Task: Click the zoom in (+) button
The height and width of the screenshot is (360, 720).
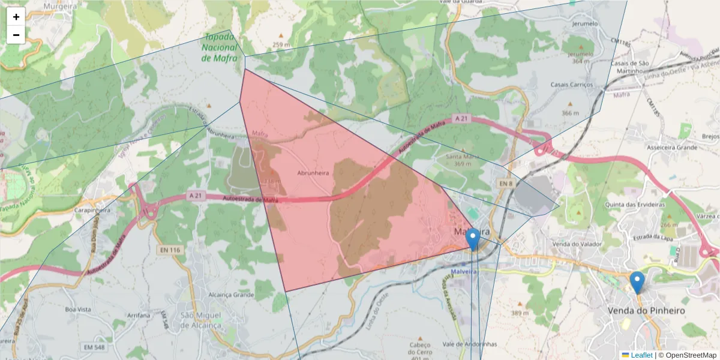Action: point(16,17)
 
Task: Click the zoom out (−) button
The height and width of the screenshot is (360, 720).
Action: point(16,35)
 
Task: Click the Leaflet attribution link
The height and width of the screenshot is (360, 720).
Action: point(641,355)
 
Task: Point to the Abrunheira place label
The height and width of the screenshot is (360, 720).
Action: point(313,172)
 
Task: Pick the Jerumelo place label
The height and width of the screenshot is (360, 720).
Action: point(586,24)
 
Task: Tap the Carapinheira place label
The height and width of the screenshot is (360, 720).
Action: point(93,211)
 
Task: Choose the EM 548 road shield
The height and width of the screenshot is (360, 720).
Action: point(94,347)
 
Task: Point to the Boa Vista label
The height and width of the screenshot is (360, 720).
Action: point(79,309)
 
